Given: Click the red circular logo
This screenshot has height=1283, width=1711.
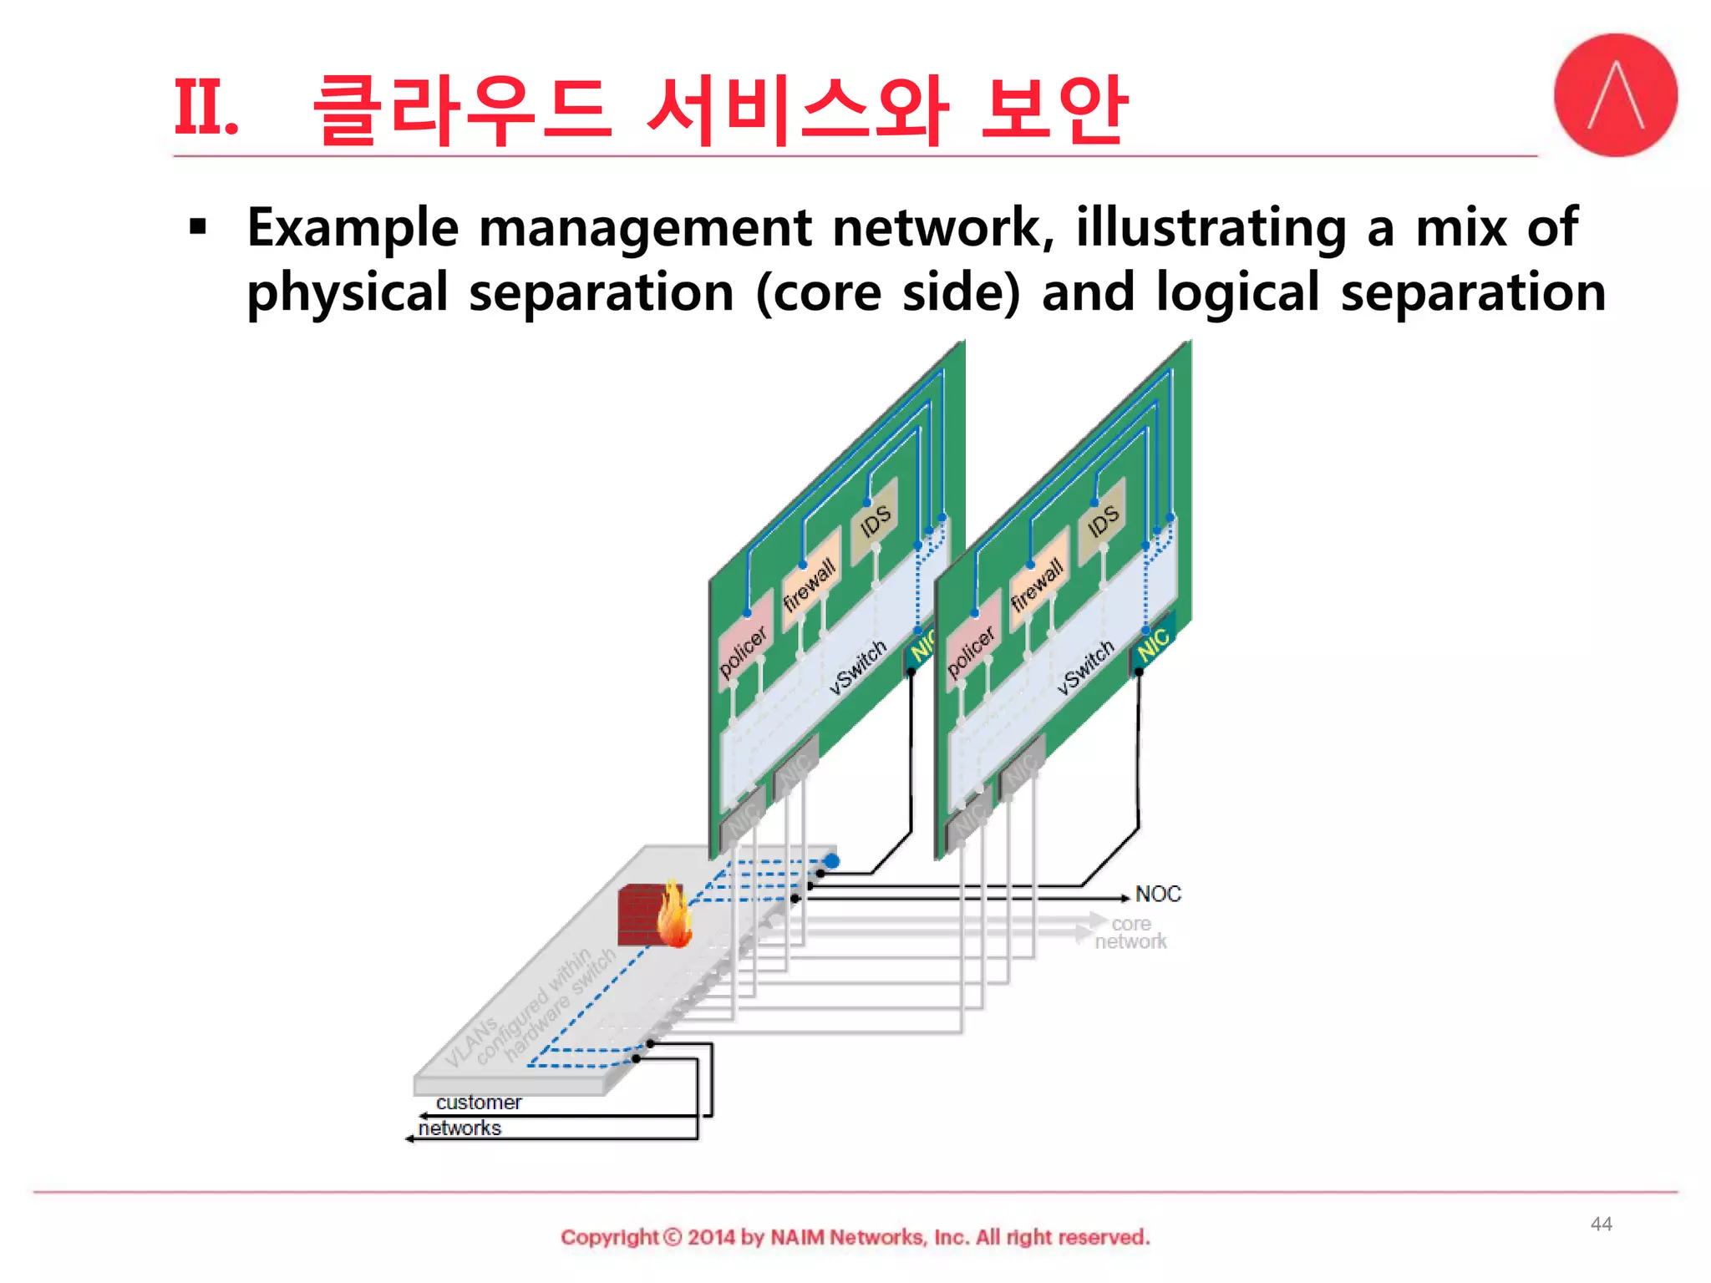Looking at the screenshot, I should pyautogui.click(x=1615, y=95).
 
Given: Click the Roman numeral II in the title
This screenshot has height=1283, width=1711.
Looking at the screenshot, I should pyautogui.click(x=205, y=109).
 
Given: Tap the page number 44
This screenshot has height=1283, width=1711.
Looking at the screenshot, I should pyautogui.click(x=1601, y=1224).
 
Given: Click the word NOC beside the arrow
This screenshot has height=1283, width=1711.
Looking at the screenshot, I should pyautogui.click(x=1158, y=894).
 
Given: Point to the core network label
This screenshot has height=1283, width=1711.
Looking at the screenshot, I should pyautogui.click(x=1130, y=933).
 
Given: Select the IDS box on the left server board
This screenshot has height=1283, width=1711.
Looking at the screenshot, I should pyautogui.click(x=875, y=521).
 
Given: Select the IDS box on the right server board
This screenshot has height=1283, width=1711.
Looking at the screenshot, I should pyautogui.click(x=1102, y=521).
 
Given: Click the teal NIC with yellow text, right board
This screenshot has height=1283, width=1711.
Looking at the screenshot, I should pyautogui.click(x=1154, y=641).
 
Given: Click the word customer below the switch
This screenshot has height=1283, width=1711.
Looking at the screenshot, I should pyautogui.click(x=478, y=1103).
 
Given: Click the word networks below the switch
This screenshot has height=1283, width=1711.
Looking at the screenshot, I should pyautogui.click(x=459, y=1128).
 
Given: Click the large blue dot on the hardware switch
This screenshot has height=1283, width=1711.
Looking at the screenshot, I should pyautogui.click(x=831, y=860).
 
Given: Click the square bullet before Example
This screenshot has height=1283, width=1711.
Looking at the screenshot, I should pyautogui.click(x=198, y=227).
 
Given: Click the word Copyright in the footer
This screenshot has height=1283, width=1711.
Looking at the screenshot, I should pyautogui.click(x=609, y=1237).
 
